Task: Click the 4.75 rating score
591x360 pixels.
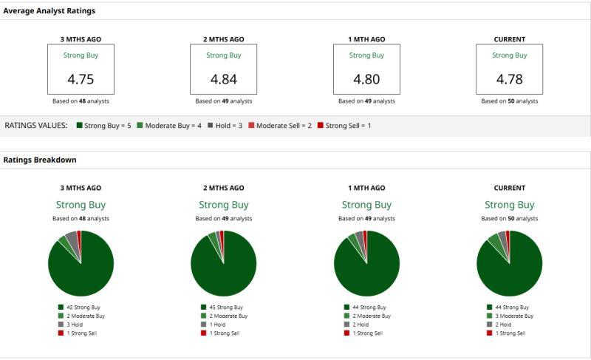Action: (x=81, y=79)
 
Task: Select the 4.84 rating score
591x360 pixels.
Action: (x=224, y=79)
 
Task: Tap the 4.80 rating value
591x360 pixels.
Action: (x=366, y=79)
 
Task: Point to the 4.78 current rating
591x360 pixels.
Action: (x=509, y=79)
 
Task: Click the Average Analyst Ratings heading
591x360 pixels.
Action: (x=49, y=11)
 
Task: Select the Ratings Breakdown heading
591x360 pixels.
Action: (x=40, y=160)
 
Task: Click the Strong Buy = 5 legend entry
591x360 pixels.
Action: (x=103, y=126)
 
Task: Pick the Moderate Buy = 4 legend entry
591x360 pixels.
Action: (x=168, y=126)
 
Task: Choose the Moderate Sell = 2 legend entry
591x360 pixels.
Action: (x=280, y=126)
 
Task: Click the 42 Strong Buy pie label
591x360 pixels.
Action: (x=81, y=307)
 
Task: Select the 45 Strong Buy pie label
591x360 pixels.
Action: (x=224, y=307)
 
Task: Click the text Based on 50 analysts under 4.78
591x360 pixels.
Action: (x=509, y=101)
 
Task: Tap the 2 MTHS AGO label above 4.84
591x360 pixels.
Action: (x=224, y=39)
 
